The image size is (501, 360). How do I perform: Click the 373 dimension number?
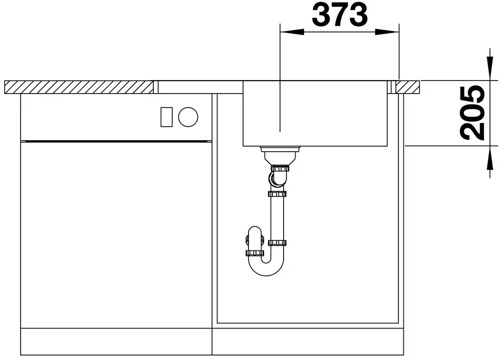340,15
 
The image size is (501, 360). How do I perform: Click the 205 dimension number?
472,113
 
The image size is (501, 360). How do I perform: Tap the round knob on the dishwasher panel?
188,117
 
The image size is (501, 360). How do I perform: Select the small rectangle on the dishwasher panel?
166,117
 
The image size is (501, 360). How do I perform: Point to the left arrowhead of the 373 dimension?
292,32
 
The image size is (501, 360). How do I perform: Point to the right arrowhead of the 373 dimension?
387,32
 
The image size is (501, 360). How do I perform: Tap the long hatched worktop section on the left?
79,87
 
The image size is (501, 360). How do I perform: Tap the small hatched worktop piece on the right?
408,87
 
